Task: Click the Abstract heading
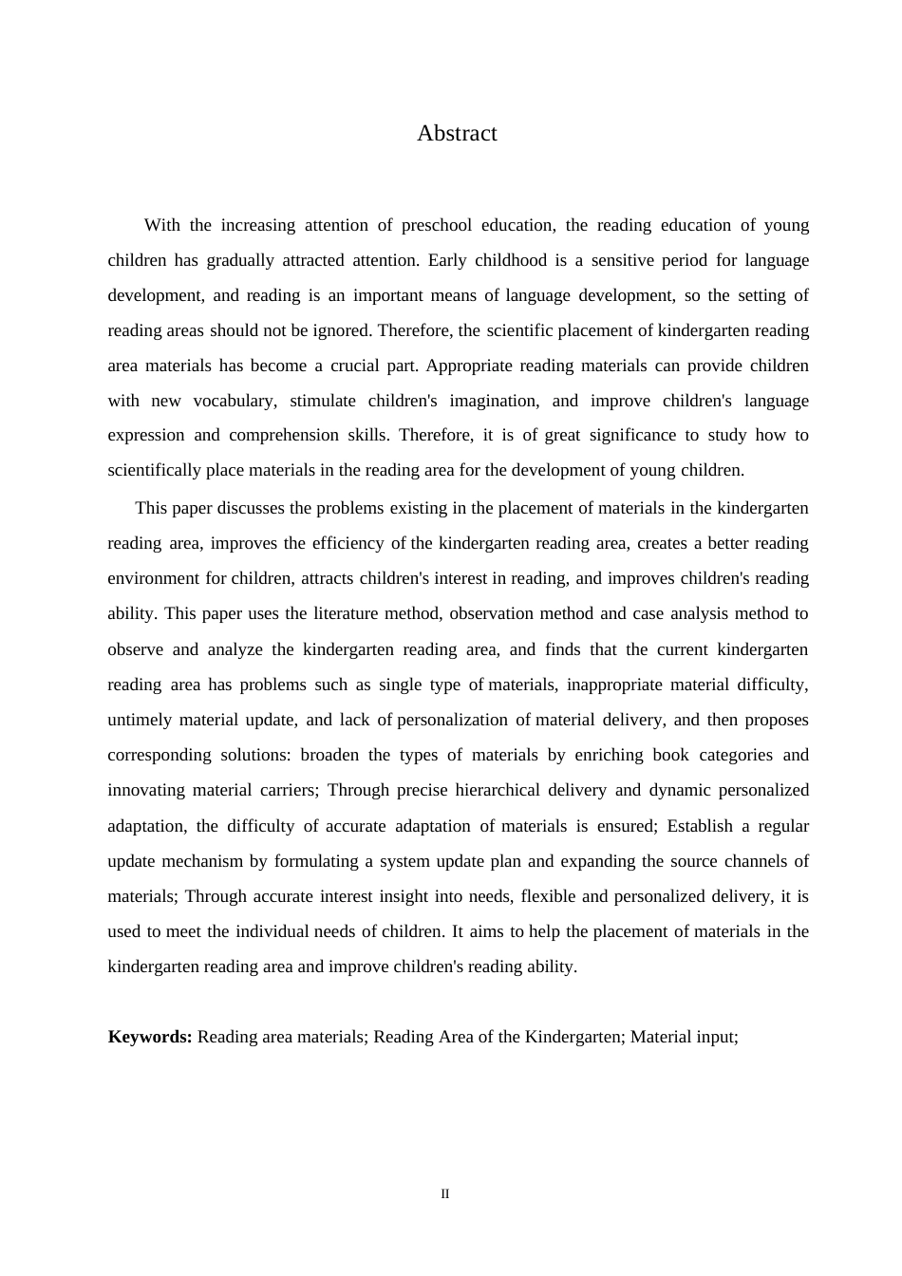coord(457,134)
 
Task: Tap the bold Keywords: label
coord(150,1037)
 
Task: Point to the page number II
coord(444,1194)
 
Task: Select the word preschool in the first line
coord(438,226)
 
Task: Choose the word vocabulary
coord(235,402)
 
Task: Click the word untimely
coord(140,721)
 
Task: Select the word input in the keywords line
coord(718,1037)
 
